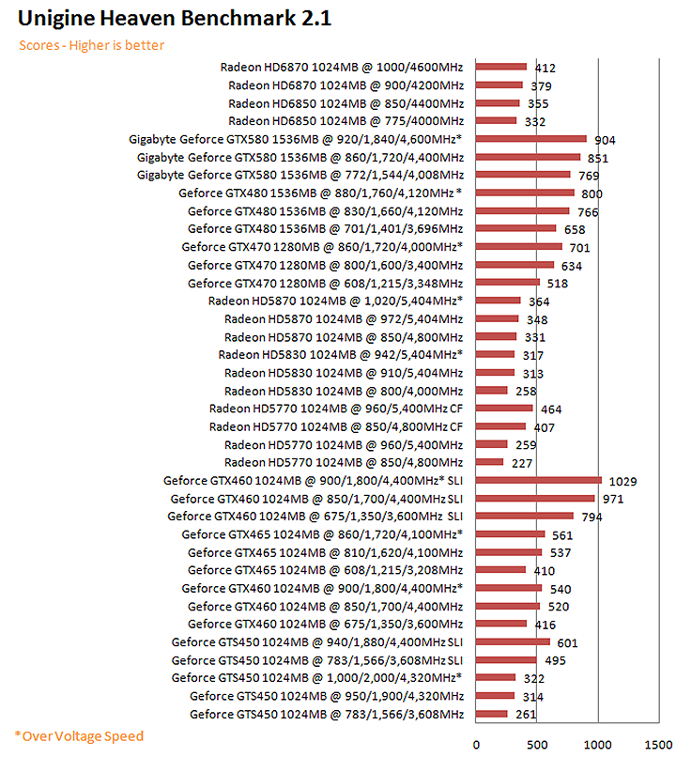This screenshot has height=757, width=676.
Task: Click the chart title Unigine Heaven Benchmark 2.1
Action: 174,18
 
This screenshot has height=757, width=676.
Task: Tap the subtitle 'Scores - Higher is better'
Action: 92,45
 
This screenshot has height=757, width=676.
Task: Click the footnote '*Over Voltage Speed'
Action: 79,735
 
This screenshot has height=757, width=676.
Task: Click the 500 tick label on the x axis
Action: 536,744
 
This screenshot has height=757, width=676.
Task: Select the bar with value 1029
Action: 538,480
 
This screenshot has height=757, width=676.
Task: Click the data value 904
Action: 605,140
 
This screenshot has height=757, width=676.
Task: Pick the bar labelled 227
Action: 489,462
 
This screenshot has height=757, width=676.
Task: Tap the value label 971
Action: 613,499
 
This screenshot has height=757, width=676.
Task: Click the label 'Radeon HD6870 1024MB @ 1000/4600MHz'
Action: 342,67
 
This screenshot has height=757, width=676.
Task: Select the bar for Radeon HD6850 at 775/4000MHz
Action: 496,121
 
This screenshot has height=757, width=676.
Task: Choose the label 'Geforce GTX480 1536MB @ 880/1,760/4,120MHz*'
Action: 320,193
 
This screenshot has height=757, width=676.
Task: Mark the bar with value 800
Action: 525,193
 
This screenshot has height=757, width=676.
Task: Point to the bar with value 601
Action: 513,642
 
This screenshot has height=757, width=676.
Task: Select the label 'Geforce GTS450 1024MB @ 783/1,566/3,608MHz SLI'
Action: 317,660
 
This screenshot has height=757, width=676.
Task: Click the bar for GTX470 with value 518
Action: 507,283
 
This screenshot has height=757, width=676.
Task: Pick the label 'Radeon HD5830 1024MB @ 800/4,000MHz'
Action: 344,391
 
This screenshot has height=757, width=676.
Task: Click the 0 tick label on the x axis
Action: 476,744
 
